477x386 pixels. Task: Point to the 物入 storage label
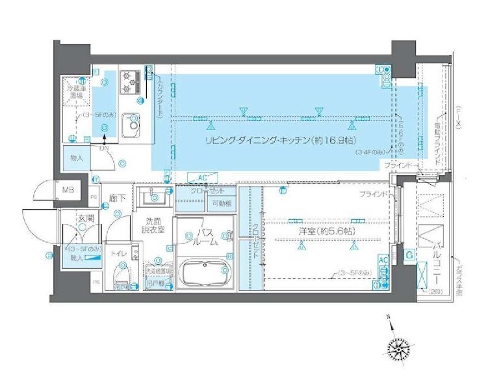(x=77, y=158)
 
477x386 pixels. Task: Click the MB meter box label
(x=68, y=190)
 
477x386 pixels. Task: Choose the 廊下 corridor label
(x=117, y=198)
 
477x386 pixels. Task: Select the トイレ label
(x=118, y=252)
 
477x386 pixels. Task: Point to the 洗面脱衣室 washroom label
(x=154, y=225)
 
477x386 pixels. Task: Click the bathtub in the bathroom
(x=205, y=271)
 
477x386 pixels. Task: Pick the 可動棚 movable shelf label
(x=222, y=204)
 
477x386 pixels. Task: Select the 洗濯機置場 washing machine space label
(x=159, y=271)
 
